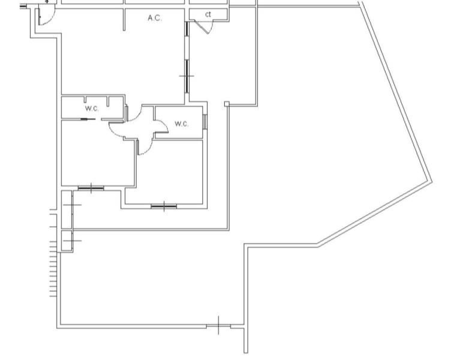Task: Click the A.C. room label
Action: [155, 18]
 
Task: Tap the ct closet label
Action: [208, 14]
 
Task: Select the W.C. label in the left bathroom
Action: [92, 109]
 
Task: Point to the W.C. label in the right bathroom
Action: [181, 124]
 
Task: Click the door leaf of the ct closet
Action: [202, 27]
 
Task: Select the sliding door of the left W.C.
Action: [88, 119]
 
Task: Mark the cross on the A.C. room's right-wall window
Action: [187, 76]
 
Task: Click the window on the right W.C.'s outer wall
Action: [205, 122]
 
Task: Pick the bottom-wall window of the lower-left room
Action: [91, 188]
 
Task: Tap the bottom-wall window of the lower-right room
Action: [164, 206]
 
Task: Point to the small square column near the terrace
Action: [227, 104]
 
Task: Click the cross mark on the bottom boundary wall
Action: [219, 326]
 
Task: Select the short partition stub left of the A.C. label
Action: [124, 20]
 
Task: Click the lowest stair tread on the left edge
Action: [53, 296]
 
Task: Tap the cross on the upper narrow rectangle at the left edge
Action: [72, 205]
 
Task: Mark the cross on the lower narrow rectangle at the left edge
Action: [72, 241]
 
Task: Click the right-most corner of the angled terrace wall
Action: [432, 181]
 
